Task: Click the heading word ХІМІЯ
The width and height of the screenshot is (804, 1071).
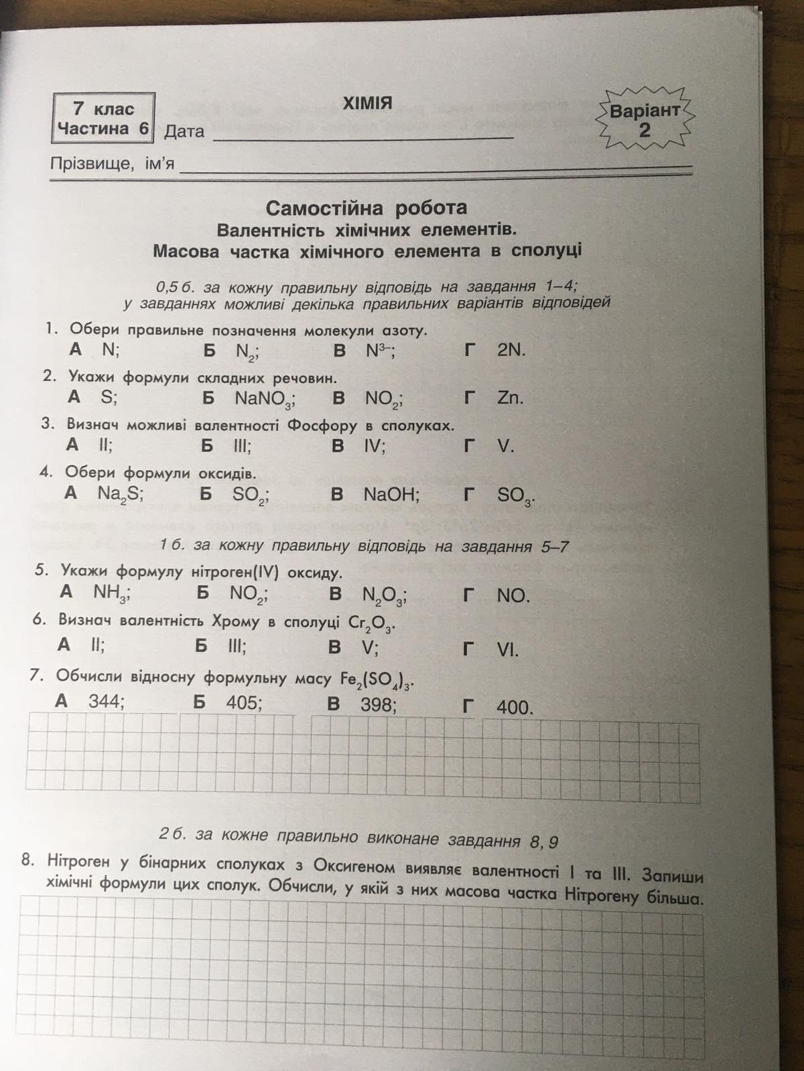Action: [366, 103]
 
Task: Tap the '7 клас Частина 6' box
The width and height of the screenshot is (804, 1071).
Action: [103, 118]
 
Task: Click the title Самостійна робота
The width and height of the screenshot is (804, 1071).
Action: [366, 208]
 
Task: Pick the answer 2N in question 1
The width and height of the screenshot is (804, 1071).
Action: [511, 350]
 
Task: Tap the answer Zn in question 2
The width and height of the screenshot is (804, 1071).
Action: [510, 398]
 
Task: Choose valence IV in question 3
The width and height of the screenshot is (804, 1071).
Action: [374, 446]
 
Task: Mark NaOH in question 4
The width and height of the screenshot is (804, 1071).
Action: [391, 495]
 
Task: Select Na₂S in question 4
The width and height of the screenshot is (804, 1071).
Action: [121, 494]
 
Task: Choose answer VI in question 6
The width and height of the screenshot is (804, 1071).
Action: [507, 649]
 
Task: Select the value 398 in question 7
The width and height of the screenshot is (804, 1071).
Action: [379, 704]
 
